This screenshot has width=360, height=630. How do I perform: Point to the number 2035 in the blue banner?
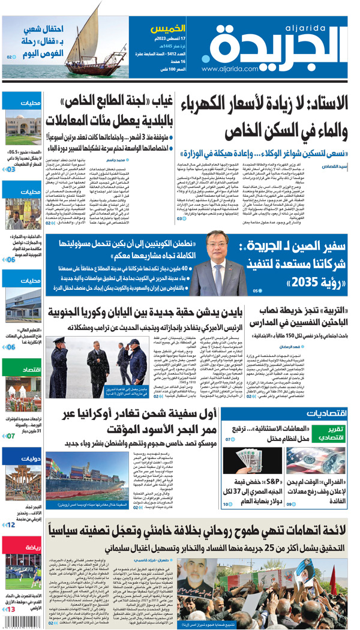pyautogui.click(x=267, y=281)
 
